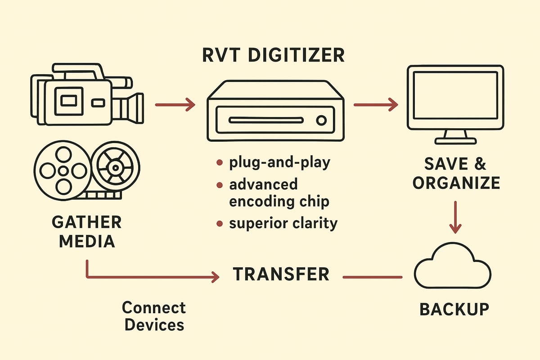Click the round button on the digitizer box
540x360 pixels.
click(321, 120)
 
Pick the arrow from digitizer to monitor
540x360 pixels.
click(376, 105)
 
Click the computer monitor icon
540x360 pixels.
click(455, 99)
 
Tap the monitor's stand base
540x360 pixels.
click(455, 141)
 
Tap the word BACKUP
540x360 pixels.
click(454, 309)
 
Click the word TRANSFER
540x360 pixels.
click(281, 274)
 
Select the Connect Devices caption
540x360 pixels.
click(154, 316)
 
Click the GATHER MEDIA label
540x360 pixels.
click(87, 232)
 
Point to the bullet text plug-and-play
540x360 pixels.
click(279, 162)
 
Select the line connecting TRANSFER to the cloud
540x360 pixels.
click(373, 277)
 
